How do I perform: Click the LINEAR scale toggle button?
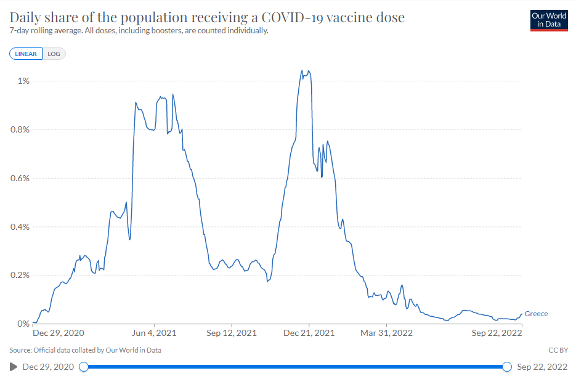[26, 54]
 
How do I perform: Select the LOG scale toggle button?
[54, 54]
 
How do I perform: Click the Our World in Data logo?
[548, 20]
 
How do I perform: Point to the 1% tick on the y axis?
[23, 81]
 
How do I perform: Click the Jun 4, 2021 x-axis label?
[155, 333]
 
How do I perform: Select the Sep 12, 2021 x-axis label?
[232, 333]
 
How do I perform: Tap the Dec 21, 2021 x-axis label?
[309, 333]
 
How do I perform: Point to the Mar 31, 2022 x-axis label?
[387, 333]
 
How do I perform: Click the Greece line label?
[536, 314]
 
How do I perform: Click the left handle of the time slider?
[84, 367]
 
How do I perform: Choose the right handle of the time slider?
[507, 367]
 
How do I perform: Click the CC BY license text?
[558, 350]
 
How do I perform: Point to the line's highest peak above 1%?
[302, 70]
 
